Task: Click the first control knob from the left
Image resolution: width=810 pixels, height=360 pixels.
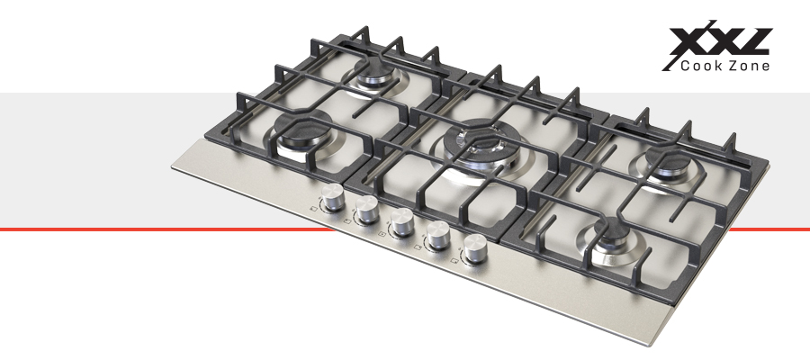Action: pyautogui.click(x=333, y=197)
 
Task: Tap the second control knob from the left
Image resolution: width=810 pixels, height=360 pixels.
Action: pyautogui.click(x=367, y=210)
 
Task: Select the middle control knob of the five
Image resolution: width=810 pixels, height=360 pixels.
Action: pyautogui.click(x=402, y=222)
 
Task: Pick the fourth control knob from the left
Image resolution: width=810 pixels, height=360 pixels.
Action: pyautogui.click(x=437, y=236)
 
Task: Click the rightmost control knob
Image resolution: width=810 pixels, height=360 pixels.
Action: pyautogui.click(x=474, y=249)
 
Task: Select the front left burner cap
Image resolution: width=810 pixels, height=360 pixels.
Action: pyautogui.click(x=302, y=130)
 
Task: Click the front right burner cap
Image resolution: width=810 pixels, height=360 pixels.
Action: pyautogui.click(x=616, y=235)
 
